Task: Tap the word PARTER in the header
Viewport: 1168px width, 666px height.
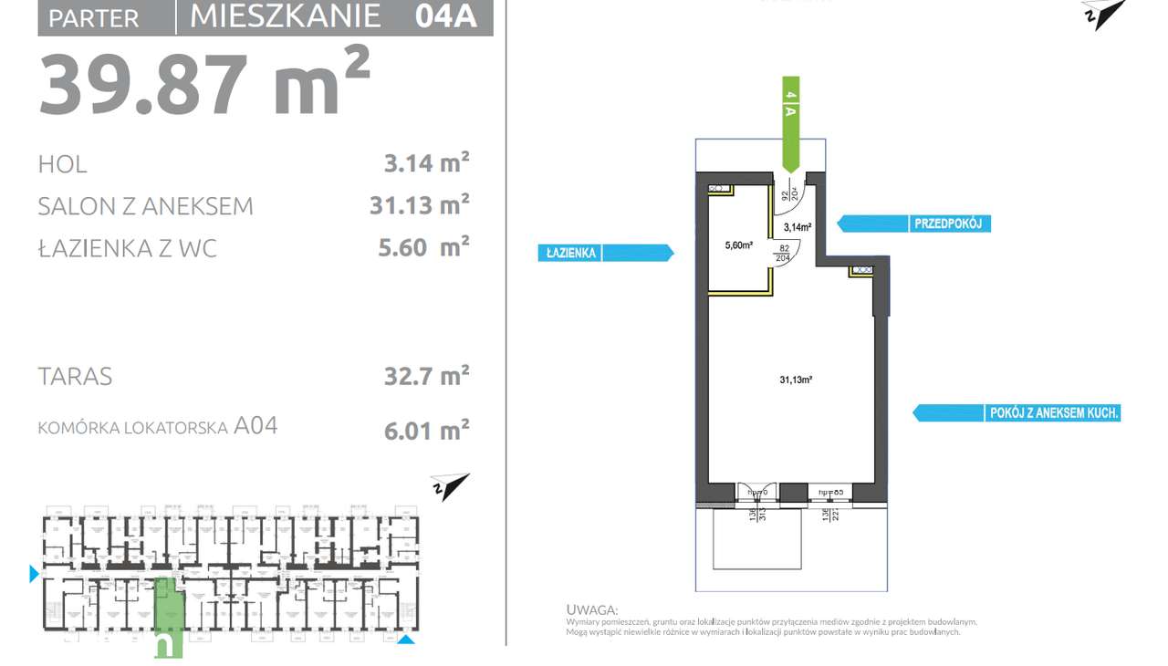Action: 93,18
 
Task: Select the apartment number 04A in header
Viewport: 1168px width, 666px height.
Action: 445,16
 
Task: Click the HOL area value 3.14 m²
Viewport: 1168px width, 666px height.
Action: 426,164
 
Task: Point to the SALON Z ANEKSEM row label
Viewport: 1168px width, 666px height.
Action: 145,206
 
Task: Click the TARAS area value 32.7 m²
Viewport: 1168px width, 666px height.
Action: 426,376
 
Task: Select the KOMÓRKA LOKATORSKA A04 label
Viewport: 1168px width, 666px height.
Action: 157,426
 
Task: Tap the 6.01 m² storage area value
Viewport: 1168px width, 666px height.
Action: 426,430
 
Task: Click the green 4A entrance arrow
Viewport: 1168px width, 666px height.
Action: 791,123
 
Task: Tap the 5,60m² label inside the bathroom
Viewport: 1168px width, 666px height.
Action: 738,245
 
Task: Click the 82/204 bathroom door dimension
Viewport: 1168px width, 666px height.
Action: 784,253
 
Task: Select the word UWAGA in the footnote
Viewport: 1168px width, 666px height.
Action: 591,609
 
